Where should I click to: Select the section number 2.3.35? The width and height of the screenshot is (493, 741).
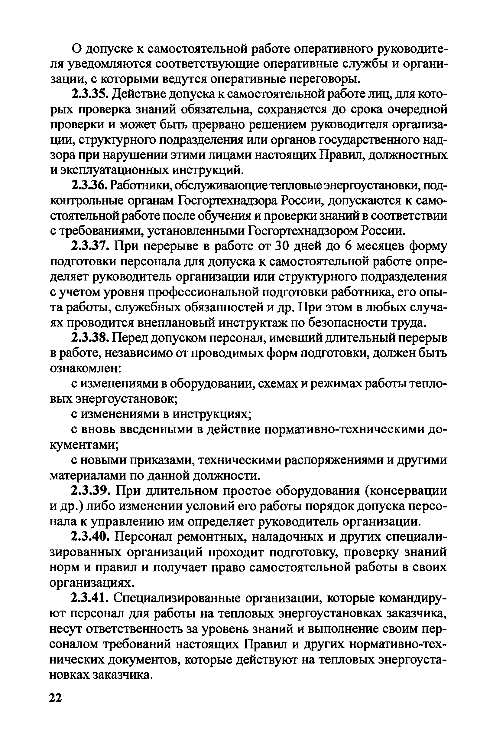pyautogui.click(x=90, y=94)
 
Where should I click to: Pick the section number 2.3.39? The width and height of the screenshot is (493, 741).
pyautogui.click(x=91, y=490)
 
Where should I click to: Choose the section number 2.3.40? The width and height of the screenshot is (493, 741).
pyautogui.click(x=91, y=536)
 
